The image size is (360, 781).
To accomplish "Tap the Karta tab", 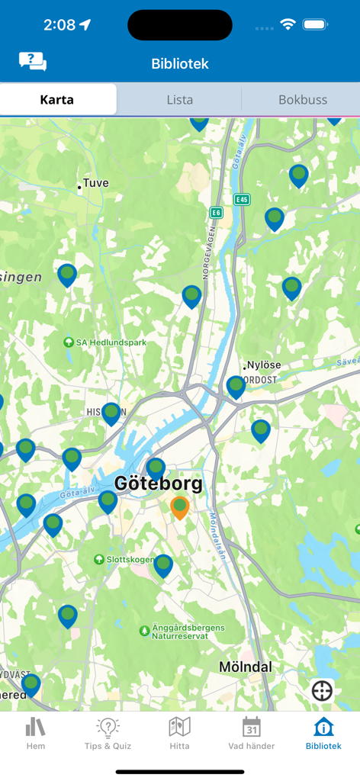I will pos(57,99).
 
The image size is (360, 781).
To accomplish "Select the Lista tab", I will pos(179,99).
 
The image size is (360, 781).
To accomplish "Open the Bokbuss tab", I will pos(302,99).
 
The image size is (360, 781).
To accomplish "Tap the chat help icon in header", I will pos(32,62).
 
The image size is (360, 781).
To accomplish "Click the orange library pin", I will pos(179,507).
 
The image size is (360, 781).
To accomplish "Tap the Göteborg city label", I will pos(159,484).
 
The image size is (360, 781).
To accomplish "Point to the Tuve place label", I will pos(95,183).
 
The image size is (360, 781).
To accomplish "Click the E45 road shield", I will pos(242,199).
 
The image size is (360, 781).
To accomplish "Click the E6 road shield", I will pos(217,214).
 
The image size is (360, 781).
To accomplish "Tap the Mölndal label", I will pos(245,667).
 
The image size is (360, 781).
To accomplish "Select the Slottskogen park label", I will pos(119,560).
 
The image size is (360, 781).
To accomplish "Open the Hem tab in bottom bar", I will pos(35,733).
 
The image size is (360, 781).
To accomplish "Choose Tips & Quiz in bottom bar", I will pos(108,733).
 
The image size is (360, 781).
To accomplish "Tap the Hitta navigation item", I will pos(179,733).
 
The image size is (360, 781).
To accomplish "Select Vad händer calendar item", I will pos(251,733).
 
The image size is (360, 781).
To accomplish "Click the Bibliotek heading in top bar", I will pos(180,63).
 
